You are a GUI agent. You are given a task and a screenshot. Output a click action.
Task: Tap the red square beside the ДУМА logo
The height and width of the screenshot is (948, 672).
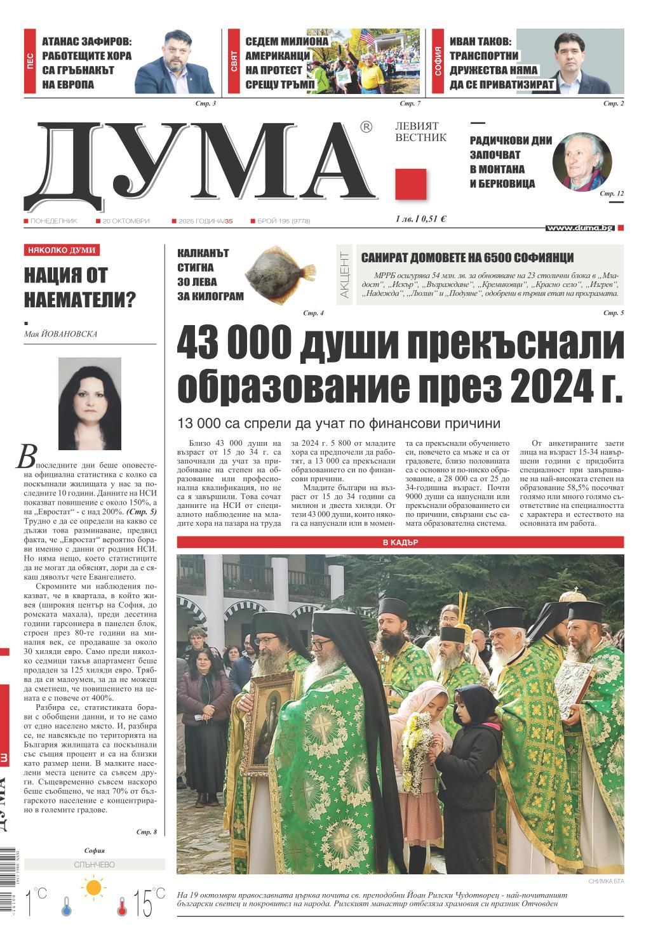(410, 185)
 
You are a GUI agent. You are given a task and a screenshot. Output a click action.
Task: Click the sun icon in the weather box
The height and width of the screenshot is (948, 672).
(94, 887)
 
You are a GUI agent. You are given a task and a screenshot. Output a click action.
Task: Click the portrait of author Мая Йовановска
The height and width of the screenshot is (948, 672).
(90, 403)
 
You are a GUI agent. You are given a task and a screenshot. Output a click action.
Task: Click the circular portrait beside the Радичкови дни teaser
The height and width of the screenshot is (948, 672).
(582, 162)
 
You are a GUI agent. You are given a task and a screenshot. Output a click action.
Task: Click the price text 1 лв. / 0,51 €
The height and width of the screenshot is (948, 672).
(420, 219)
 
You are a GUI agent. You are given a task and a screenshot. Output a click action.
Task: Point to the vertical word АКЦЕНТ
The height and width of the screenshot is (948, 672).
(345, 275)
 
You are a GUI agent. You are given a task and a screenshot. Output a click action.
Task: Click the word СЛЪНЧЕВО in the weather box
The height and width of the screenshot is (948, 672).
(94, 864)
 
